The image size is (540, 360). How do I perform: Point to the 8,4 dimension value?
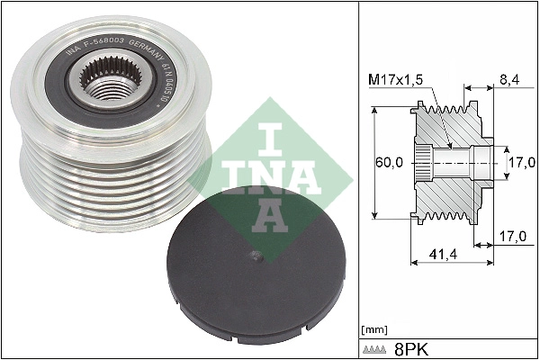pos(509,81)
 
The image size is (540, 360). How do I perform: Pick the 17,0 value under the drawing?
pos(511,238)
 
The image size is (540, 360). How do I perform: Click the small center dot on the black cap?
pos(259,257)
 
